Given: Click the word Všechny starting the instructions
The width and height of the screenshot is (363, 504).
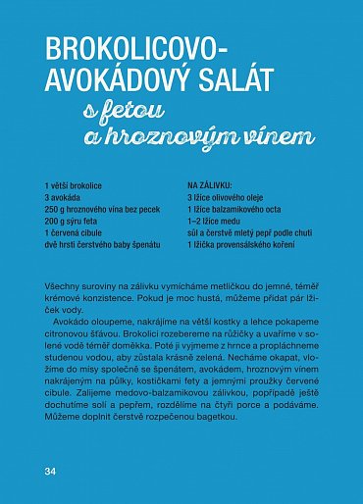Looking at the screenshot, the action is pos(64,282).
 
